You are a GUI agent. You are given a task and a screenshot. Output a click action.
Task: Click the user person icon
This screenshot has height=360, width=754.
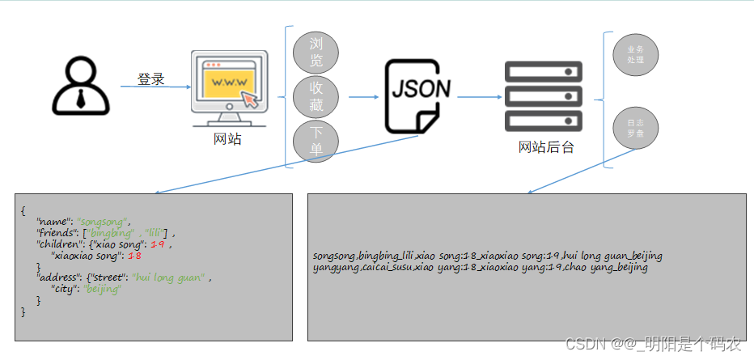coord(81,87)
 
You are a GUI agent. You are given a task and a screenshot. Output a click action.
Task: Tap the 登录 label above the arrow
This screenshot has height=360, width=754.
coord(151,79)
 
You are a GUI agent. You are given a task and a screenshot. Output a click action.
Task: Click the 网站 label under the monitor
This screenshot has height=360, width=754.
coord(227,139)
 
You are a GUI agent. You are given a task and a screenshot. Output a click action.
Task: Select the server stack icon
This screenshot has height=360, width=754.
coord(544,96)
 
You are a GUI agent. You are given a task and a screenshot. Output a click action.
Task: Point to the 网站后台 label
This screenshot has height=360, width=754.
coord(546,147)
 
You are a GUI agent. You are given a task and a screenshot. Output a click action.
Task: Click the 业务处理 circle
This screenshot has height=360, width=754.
coord(636,54)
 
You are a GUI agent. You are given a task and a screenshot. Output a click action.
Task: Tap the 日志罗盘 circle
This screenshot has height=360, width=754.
coord(636,129)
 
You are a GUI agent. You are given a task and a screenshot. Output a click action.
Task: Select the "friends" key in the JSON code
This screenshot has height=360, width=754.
coord(57,233)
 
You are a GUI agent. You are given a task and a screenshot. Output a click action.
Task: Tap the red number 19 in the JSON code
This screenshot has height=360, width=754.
coord(162,244)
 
